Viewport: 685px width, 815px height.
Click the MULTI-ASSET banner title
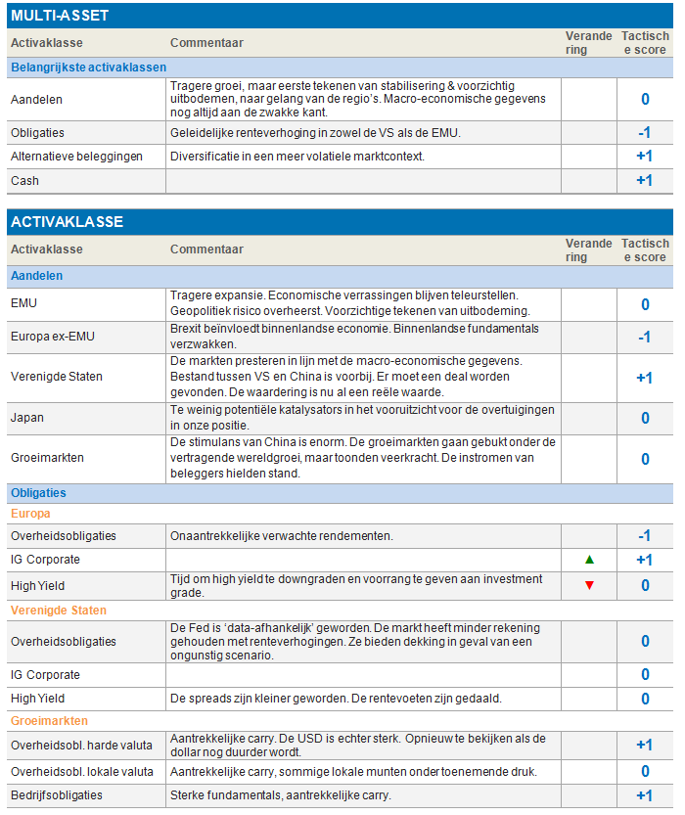[60, 16]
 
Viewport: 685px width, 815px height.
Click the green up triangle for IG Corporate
[589, 560]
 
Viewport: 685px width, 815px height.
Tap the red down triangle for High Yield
[589, 585]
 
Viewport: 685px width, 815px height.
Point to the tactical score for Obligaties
[644, 133]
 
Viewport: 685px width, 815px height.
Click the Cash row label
[24, 181]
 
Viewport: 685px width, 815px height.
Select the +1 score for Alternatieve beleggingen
[644, 157]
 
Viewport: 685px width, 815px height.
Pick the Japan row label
[27, 418]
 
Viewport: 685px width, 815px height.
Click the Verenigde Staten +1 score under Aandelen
[644, 378]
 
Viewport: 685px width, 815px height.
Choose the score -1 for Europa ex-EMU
[644, 337]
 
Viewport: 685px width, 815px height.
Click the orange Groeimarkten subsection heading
[46, 721]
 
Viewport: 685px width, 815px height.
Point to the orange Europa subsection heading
[30, 513]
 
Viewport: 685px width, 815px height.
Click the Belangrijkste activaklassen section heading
[88, 68]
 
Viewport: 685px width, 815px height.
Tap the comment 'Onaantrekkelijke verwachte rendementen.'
[281, 536]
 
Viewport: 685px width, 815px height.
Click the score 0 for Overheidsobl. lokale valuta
[645, 772]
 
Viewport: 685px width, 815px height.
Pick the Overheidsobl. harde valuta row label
[81, 746]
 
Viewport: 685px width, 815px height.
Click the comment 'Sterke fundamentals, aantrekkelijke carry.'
[280, 795]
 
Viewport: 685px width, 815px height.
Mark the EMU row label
[23, 303]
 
